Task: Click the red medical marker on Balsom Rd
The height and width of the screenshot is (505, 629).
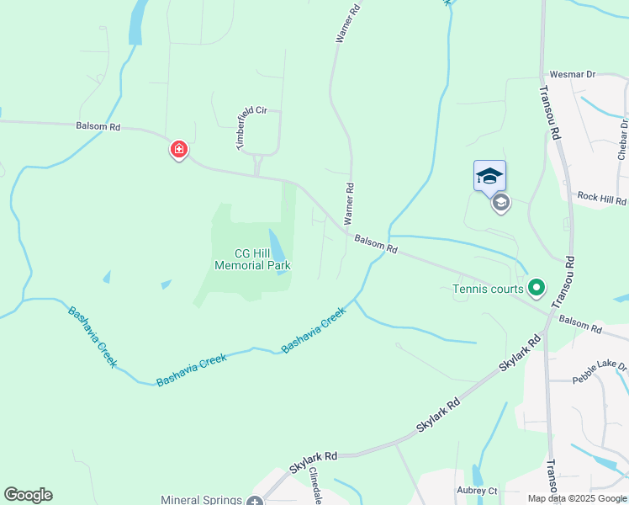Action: click(x=178, y=151)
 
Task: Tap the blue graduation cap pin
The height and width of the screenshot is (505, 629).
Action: click(x=489, y=176)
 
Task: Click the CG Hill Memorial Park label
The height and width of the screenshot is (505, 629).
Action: click(x=252, y=259)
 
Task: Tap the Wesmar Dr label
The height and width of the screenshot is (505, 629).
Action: click(x=572, y=75)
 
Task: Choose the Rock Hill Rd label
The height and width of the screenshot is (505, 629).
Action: click(x=601, y=199)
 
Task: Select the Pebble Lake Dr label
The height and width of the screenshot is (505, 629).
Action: click(x=600, y=368)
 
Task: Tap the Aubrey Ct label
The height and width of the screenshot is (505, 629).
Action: click(x=477, y=491)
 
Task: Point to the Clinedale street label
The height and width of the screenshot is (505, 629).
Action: click(x=317, y=486)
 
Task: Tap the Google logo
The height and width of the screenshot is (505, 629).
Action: click(x=28, y=495)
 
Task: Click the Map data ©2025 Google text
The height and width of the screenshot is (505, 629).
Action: click(x=576, y=498)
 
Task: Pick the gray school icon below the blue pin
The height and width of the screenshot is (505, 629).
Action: click(x=501, y=203)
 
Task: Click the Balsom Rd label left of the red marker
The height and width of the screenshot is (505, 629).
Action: click(x=98, y=127)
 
